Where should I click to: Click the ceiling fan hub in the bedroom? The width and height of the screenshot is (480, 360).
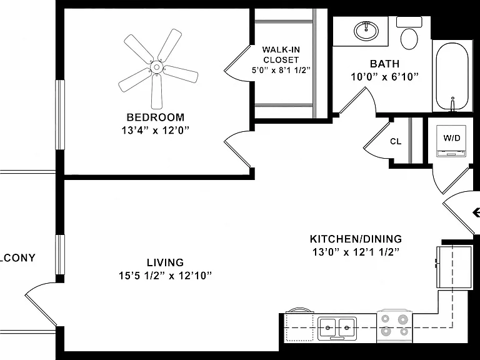tap(157, 67)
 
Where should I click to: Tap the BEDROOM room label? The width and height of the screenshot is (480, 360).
tap(156, 117)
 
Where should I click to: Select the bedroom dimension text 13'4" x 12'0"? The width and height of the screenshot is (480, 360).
tap(156, 131)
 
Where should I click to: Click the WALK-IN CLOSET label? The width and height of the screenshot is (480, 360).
tap(281, 54)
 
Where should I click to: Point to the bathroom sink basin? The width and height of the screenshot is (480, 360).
tap(366, 31)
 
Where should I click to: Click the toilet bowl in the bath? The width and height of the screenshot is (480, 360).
tap(409, 39)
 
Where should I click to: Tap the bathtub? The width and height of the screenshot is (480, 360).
tap(452, 76)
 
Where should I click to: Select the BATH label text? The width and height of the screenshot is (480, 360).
tap(384, 64)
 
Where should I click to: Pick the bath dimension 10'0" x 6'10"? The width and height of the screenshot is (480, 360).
tap(384, 76)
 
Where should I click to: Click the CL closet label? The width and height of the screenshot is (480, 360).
tap(396, 141)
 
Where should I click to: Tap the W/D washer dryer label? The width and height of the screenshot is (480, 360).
tap(452, 138)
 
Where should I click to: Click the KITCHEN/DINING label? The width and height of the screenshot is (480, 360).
tap(356, 239)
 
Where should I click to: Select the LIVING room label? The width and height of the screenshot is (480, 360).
tap(165, 262)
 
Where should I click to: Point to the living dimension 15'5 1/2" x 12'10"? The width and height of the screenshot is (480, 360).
tap(165, 276)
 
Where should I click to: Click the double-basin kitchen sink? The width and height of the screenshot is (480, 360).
tap(337, 328)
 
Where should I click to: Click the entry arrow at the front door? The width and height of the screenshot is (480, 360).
tap(476, 212)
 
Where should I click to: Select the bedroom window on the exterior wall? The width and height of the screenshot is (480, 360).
tap(60, 115)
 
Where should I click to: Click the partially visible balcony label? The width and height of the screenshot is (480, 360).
tap(17, 258)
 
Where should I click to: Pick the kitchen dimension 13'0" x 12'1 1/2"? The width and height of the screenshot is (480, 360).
tap(356, 252)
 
